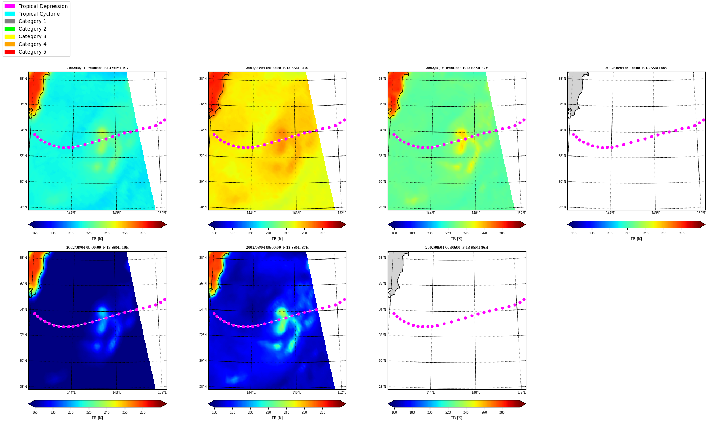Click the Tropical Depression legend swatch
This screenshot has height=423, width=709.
[x=10, y=6]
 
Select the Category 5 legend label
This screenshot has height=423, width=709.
[x=32, y=52]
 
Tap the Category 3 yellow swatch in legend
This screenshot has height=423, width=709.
[x=10, y=36]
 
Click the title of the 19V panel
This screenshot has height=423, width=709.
[x=98, y=68]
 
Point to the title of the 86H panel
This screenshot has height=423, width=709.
[x=457, y=248]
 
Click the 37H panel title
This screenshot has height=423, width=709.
[x=277, y=248]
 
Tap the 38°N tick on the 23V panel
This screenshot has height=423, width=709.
[x=203, y=79]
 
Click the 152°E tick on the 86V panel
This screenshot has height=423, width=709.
[x=701, y=213]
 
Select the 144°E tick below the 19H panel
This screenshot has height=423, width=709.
[x=71, y=392]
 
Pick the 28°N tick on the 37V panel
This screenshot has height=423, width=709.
[x=382, y=207]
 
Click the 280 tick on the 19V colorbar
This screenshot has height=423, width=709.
[x=143, y=233]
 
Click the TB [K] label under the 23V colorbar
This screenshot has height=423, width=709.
[x=277, y=239]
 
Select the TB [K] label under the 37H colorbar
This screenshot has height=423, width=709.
[x=277, y=418]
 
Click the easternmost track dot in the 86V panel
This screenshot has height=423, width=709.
[x=704, y=120]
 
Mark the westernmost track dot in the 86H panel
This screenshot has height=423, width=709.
[x=394, y=313]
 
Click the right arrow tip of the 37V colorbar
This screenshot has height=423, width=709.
[x=526, y=225]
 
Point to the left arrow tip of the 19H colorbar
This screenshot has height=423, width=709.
[x=29, y=404]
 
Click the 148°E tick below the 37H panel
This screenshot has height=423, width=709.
[x=297, y=392]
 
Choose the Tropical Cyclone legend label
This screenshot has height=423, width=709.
[x=39, y=14]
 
